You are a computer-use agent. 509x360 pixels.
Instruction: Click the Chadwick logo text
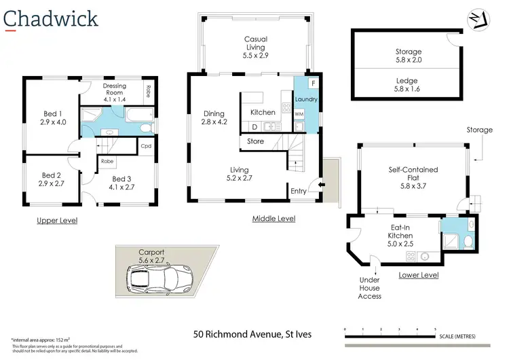pyautogui.click(x=51, y=18)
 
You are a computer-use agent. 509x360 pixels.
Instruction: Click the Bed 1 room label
pyautogui.click(x=52, y=118)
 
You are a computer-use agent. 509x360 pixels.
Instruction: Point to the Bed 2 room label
pyautogui.click(x=52, y=179)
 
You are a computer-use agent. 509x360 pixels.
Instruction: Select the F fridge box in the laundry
pyautogui.click(x=313, y=84)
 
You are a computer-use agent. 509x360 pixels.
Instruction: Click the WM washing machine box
pyautogui.click(x=299, y=114)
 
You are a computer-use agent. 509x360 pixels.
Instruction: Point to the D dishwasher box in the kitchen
pyautogui.click(x=254, y=126)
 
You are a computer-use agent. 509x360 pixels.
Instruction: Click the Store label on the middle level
pyautogui.click(x=255, y=141)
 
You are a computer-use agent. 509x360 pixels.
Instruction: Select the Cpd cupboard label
pyautogui.click(x=146, y=145)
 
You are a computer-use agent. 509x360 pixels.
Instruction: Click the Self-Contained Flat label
pyautogui.click(x=413, y=174)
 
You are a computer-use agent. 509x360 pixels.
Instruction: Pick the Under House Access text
pyautogui.click(x=369, y=287)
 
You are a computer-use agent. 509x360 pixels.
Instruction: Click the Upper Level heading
pyautogui.click(x=57, y=221)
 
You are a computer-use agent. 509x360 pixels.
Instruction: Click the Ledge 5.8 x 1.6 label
pyautogui.click(x=408, y=84)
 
